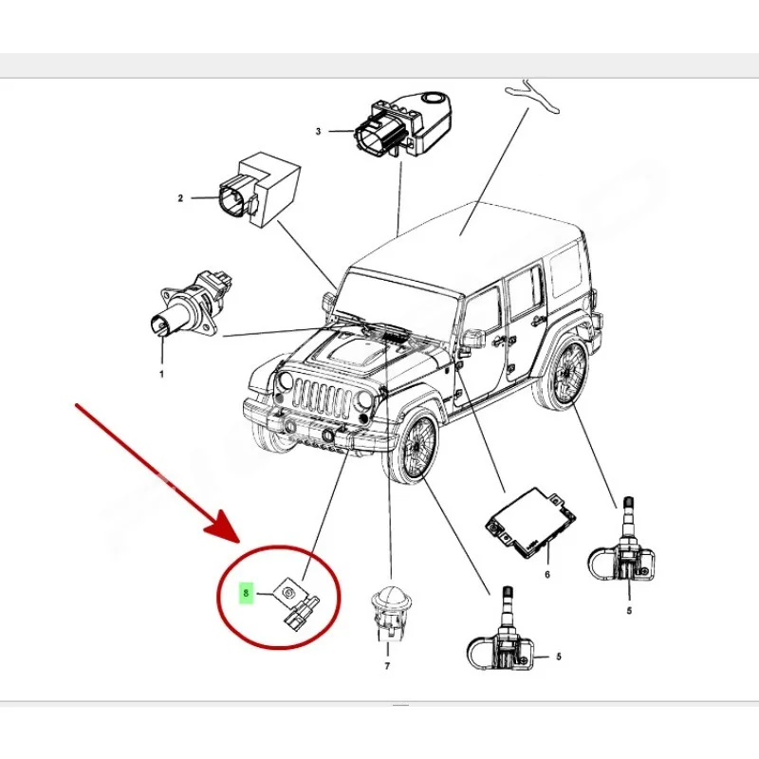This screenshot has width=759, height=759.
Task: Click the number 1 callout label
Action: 161,375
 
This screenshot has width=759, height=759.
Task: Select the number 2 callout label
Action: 179,198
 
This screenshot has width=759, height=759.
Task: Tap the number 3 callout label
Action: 319,131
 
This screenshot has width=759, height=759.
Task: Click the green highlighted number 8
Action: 246,595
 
